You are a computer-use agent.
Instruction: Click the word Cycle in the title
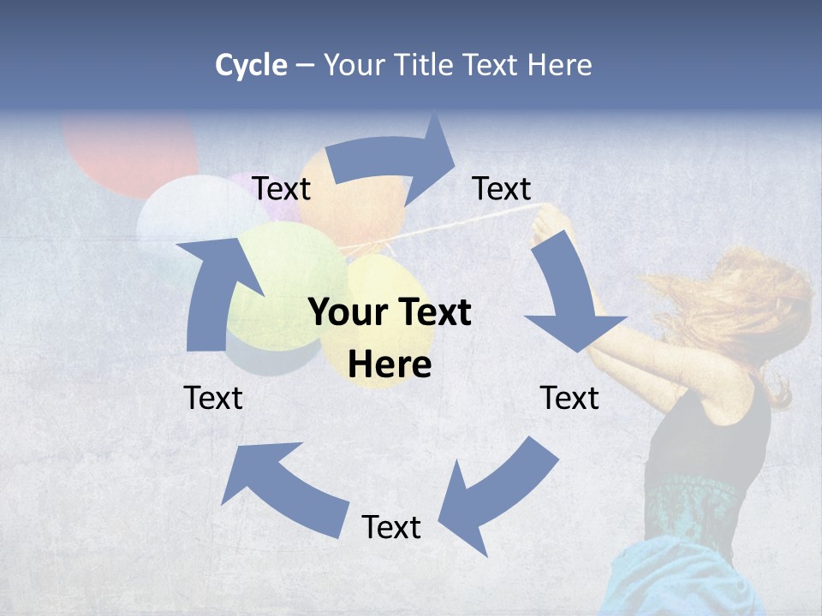click(251, 65)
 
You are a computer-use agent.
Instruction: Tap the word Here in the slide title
click(560, 65)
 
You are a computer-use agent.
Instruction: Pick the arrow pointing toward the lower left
click(497, 496)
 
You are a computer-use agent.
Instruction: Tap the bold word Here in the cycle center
click(390, 365)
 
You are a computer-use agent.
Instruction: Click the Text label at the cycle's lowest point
click(391, 527)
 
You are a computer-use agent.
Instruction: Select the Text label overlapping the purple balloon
click(281, 188)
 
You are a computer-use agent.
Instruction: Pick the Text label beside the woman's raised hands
click(502, 188)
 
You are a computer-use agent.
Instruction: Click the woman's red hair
click(745, 308)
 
